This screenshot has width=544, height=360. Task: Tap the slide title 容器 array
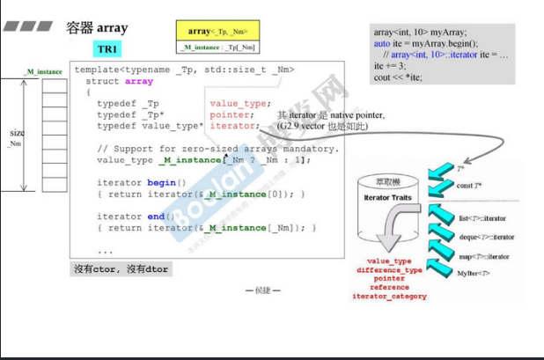tap(98, 28)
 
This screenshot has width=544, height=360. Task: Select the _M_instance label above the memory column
tap(43, 70)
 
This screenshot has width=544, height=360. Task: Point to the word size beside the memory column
tap(17, 133)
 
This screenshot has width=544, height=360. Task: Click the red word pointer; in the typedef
tap(232, 114)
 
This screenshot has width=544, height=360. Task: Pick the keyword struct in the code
tap(103, 81)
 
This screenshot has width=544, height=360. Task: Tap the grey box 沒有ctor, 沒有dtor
tap(121, 269)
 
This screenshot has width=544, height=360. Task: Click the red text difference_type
tap(388, 270)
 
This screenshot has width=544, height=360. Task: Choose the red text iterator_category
tap(389, 297)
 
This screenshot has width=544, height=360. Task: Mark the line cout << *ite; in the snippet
tap(397, 77)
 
